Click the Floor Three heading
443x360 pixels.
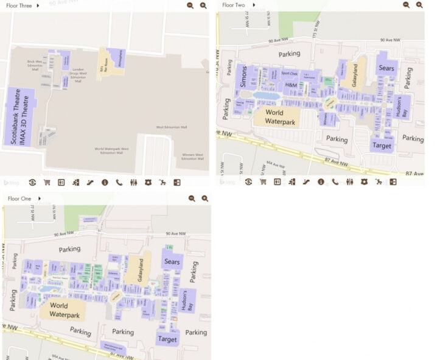pyautogui.click(x=19, y=5)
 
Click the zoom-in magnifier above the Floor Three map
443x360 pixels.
pyautogui.click(x=203, y=5)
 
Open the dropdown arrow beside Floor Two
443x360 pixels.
pyautogui.click(x=253, y=5)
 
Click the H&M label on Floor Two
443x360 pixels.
pyautogui.click(x=291, y=85)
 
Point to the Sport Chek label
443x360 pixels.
pyautogui.click(x=290, y=74)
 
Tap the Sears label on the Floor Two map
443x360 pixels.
pyautogui.click(x=386, y=68)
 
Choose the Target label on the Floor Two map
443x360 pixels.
pyautogui.click(x=382, y=146)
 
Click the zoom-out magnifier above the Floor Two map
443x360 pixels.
pyautogui.click(x=406, y=5)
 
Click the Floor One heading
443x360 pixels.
pyautogui.click(x=19, y=199)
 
